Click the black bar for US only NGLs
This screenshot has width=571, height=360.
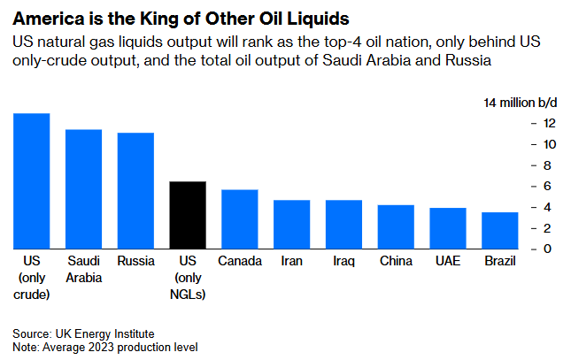click(188, 215)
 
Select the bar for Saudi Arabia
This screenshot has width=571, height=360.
click(84, 189)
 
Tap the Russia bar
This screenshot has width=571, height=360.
click(136, 191)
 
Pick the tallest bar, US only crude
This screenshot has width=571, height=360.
click(32, 181)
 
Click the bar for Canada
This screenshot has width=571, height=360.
click(240, 219)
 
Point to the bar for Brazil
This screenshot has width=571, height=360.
click(500, 231)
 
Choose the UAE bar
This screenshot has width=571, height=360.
click(448, 228)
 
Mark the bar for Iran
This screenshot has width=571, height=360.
click(291, 225)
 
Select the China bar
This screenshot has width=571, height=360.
click(396, 227)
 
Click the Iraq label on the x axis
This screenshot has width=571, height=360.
click(343, 262)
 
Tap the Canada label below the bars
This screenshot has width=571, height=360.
click(240, 262)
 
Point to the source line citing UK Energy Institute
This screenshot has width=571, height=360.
click(84, 333)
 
